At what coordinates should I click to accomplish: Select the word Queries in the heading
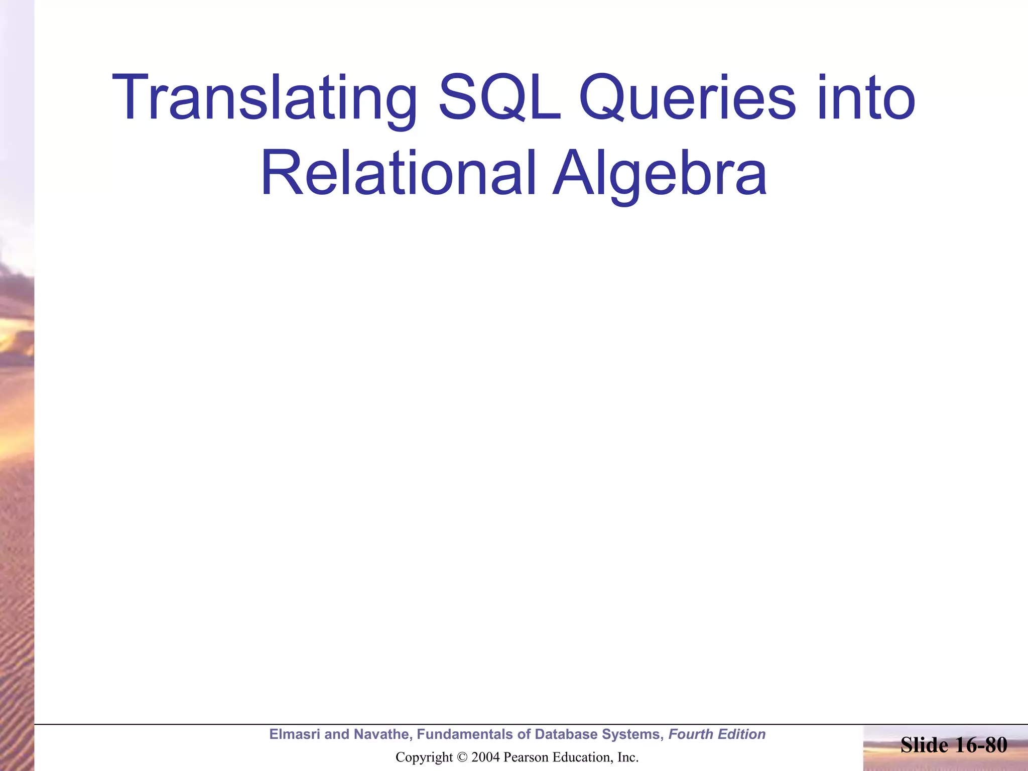[x=687, y=99]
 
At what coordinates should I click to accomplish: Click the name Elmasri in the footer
[x=294, y=734]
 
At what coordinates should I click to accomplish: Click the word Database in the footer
[x=566, y=734]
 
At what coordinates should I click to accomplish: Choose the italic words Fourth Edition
[x=717, y=734]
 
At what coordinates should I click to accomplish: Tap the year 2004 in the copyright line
[x=485, y=757]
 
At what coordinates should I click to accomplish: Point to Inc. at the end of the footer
[x=627, y=757]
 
